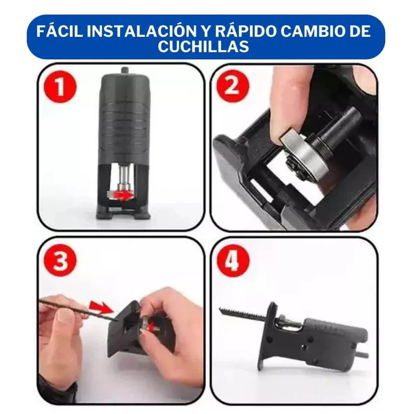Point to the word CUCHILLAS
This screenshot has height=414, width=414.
[x=204, y=46]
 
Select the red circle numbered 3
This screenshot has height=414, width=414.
[x=60, y=261]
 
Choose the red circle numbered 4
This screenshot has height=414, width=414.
[x=233, y=261]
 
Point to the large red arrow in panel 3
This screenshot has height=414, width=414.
[x=100, y=307]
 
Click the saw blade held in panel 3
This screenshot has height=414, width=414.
[x=73, y=309]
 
